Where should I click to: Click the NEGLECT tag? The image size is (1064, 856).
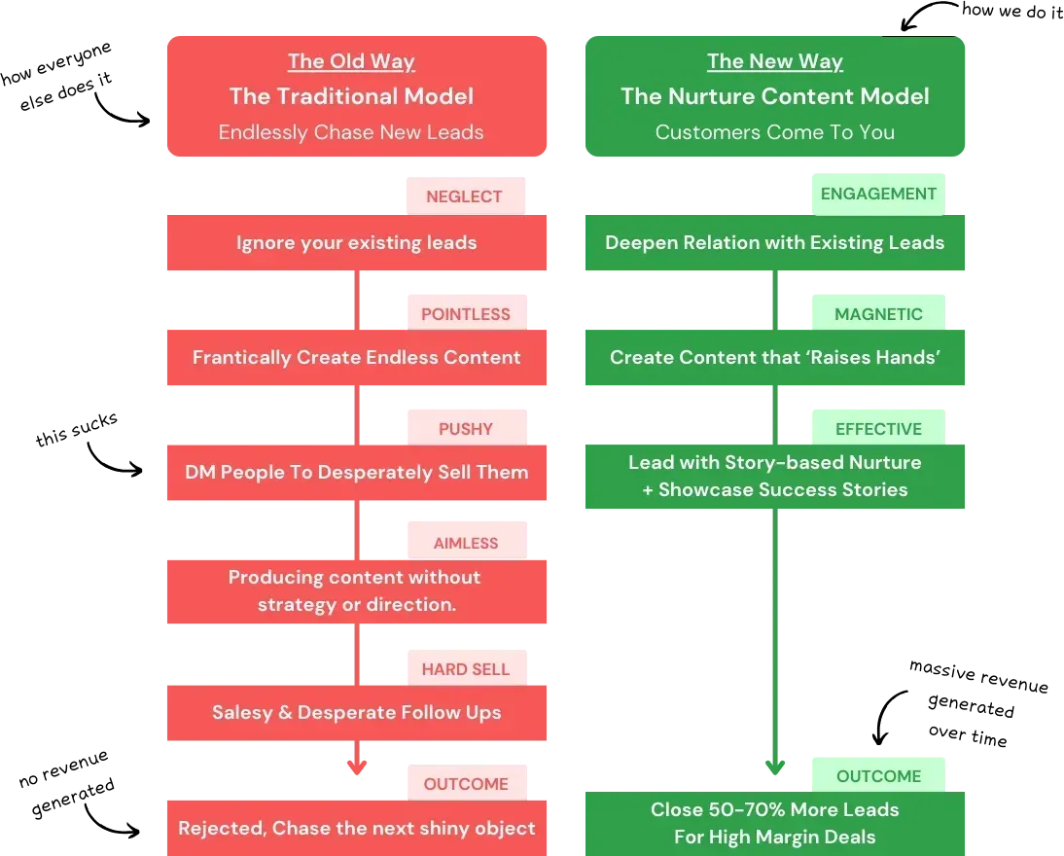tap(465, 196)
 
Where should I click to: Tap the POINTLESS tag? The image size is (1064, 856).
tap(466, 314)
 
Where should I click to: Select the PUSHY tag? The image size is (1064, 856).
tap(466, 429)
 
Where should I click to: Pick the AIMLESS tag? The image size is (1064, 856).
tap(466, 544)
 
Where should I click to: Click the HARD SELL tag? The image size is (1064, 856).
tap(466, 669)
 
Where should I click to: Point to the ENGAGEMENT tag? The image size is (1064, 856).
tap(878, 194)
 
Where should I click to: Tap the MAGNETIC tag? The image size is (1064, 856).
tap(878, 314)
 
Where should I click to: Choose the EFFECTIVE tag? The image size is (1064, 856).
tap(878, 429)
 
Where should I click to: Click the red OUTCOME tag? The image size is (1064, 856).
tap(466, 784)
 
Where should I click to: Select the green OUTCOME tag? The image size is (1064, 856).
tap(878, 776)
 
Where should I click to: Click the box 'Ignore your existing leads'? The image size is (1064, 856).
tap(357, 243)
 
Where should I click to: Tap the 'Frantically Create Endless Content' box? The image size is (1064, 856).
tap(357, 358)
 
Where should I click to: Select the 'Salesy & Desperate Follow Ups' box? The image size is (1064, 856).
tap(357, 713)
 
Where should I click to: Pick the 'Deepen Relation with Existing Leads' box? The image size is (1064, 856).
tap(775, 243)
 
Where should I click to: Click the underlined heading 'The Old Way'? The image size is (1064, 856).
tap(351, 62)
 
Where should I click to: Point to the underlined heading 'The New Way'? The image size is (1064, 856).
tap(775, 62)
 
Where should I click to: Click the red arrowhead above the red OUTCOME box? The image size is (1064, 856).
tap(357, 766)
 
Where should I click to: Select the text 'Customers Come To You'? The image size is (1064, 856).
tap(775, 132)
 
